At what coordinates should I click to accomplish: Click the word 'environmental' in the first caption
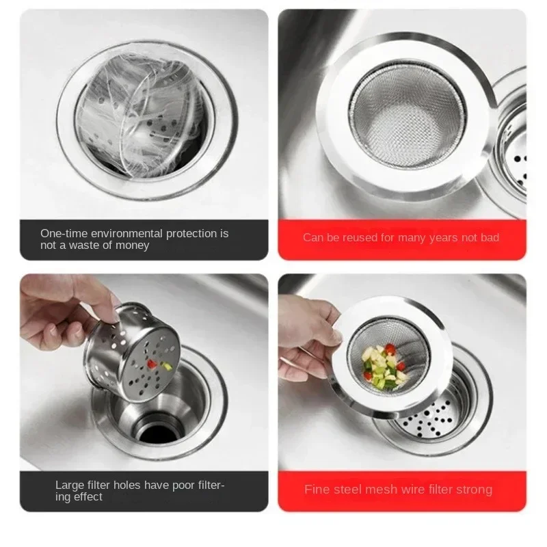point(126,233)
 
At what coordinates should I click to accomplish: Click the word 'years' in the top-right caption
point(444,238)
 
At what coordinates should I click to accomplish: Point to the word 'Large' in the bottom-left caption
point(70,485)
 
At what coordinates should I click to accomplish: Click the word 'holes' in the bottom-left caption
point(127,485)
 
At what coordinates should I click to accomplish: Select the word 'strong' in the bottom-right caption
point(474,490)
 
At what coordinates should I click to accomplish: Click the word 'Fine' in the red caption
point(315,489)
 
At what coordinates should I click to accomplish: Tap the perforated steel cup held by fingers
point(132,351)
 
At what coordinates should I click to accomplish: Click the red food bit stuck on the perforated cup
point(152,364)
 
